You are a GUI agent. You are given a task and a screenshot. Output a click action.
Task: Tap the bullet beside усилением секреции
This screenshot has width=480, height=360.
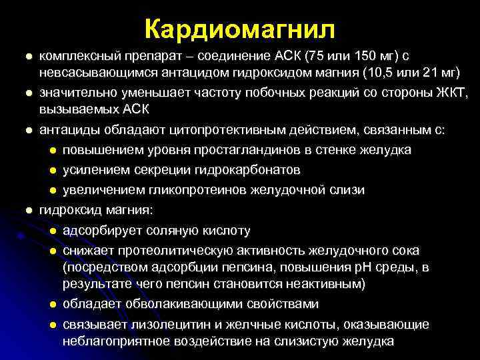[x=52, y=170]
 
